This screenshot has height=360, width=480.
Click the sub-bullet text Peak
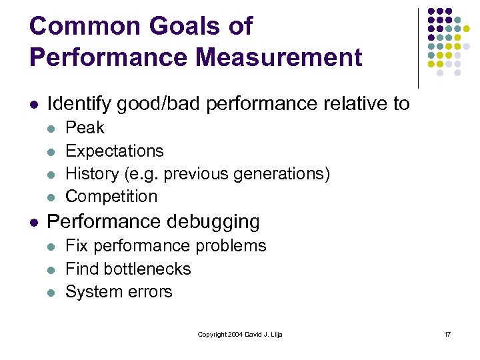point(85,127)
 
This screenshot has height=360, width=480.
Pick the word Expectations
point(115,151)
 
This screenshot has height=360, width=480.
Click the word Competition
point(111,196)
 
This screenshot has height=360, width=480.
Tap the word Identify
point(79,103)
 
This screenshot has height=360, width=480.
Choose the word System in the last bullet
point(90,291)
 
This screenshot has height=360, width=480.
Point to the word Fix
point(76,245)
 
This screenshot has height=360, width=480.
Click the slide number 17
point(447,334)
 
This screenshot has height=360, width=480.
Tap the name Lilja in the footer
point(275,334)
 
